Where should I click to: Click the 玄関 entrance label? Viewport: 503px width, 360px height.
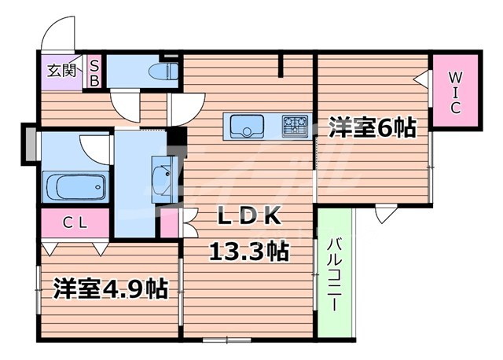tap(61, 70)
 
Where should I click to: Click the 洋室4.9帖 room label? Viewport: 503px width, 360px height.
tap(110, 288)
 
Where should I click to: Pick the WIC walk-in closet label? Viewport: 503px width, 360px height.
tap(456, 91)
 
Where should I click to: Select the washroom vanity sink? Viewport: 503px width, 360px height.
tap(164, 178)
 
